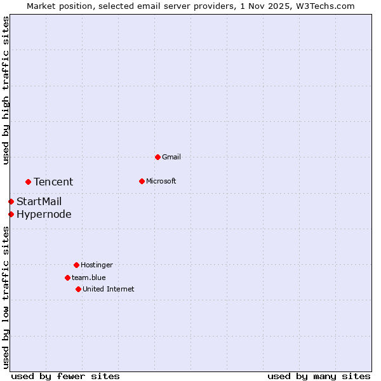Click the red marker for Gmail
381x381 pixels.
coord(157,157)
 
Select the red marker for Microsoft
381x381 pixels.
coord(142,181)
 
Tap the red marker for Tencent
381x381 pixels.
coord(28,182)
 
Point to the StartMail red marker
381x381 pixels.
coord(11,201)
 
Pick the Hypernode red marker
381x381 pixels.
coord(11,214)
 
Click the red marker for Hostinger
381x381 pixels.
coord(76,265)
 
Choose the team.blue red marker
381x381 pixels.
coord(67,277)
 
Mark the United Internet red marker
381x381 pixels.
coord(78,289)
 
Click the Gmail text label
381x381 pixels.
coord(171,157)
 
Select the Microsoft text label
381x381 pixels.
coord(161,181)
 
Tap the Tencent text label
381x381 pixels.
coord(53,182)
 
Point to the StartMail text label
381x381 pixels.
coord(39,201)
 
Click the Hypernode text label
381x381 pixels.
coord(44,214)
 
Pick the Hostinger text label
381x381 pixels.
coord(97,265)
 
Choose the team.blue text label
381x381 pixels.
coord(89,277)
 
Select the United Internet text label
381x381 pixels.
coord(109,289)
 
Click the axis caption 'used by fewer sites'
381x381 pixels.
coord(65,376)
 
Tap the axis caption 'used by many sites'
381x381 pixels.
coord(319,376)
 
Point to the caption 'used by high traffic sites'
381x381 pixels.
coord(6,90)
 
